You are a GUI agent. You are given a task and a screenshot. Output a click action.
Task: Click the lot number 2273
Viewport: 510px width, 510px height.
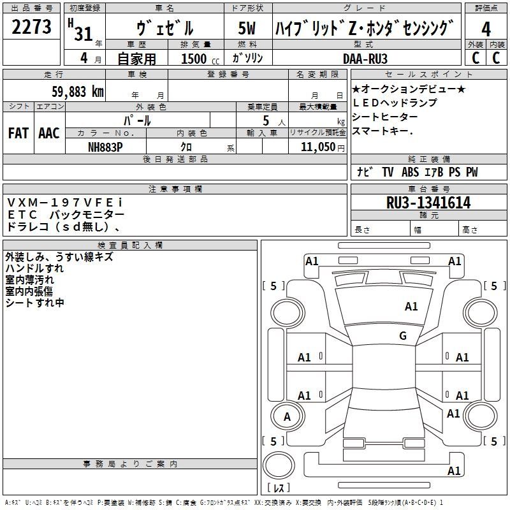coord(31,26)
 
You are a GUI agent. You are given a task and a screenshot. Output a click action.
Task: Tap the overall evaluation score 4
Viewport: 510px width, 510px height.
coord(486,29)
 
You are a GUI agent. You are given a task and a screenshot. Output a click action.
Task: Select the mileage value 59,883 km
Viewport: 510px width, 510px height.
coord(78,91)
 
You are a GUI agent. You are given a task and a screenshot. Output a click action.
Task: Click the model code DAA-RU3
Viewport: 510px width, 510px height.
coord(365,59)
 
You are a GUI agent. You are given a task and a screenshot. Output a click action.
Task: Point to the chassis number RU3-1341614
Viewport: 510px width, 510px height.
coord(428,202)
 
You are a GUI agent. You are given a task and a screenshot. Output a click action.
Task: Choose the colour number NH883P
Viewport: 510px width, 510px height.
coord(105,147)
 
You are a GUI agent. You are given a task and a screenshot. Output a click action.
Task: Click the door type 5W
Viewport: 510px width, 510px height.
coord(247,28)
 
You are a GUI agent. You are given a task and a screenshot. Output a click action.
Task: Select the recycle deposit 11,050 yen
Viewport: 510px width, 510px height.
coord(323,147)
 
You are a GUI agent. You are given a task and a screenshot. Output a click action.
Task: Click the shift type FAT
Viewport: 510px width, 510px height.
coord(18,133)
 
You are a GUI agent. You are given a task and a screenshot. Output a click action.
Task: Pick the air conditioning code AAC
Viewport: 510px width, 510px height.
coord(49,133)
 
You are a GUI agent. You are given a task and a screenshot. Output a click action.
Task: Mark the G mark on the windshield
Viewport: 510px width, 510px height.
coord(403,335)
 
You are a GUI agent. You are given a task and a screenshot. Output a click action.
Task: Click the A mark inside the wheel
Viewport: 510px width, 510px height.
coord(287,417)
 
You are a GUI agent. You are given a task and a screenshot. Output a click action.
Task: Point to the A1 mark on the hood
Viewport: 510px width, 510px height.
coord(411,307)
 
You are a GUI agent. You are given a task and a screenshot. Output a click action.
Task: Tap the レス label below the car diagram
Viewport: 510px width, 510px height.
coord(279,487)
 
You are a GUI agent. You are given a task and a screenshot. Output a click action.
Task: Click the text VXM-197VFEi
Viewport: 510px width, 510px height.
coord(65,203)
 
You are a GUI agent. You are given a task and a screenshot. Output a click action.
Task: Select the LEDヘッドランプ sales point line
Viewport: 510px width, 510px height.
coord(395,103)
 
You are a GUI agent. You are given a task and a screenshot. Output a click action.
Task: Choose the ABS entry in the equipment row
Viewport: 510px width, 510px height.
coord(410,172)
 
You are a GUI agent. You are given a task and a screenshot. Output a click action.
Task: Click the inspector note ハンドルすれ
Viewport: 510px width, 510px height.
coord(35,268)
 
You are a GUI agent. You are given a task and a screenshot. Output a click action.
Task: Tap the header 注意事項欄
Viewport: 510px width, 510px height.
coord(175,189)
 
